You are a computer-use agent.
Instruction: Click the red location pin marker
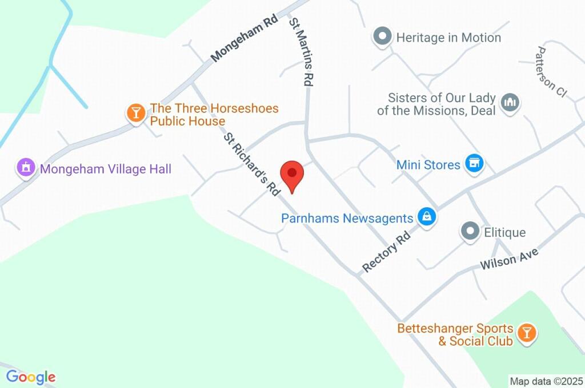pos(292,174)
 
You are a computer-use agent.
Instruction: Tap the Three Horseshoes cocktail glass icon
pos(136,112)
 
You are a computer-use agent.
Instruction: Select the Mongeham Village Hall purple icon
pos(25,168)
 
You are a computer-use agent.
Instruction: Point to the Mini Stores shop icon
pos(473,164)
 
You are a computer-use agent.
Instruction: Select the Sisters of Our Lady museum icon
pos(508,102)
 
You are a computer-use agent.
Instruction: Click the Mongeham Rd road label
pos(244,38)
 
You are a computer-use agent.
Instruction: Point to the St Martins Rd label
pos(301,52)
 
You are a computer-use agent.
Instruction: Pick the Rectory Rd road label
pos(387,251)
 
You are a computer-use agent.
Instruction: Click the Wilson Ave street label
pos(509,254)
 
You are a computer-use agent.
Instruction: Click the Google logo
pos(31,377)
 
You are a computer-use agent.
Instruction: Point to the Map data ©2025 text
pos(546,381)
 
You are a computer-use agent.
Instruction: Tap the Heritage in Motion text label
pos(448,38)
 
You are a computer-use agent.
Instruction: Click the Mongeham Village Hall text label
pos(105,169)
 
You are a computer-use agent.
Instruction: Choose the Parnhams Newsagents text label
pos(347,218)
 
